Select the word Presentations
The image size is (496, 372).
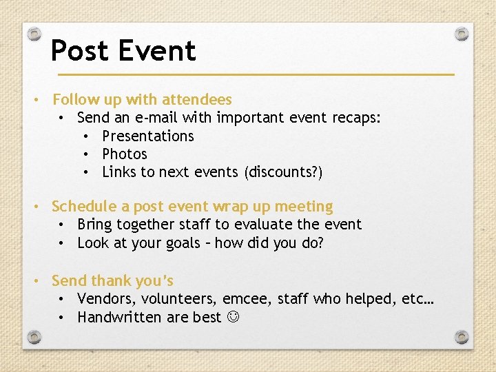coord(148,136)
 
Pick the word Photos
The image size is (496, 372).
coord(125,154)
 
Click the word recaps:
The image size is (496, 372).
coord(356,118)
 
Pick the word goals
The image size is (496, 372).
coord(182,242)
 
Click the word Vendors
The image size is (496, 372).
coord(103,299)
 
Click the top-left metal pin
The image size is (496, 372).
coord(34,34)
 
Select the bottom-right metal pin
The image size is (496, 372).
coord(462,337)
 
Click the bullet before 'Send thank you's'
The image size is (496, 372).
coord(42,281)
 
